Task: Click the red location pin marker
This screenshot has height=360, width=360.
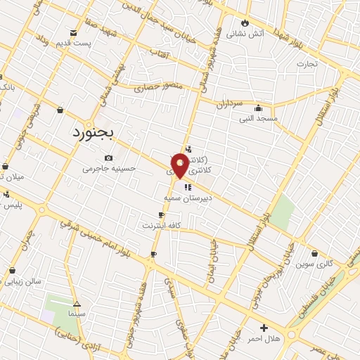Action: pyautogui.click(x=180, y=166)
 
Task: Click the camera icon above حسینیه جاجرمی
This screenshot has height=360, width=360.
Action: pyautogui.click(x=108, y=157)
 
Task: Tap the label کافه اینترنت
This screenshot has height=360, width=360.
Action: pyautogui.click(x=162, y=226)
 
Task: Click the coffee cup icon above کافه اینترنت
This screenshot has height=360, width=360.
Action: pyautogui.click(x=161, y=215)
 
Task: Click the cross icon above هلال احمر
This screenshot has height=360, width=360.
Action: pyautogui.click(x=264, y=328)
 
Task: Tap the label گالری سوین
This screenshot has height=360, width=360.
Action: pyautogui.click(x=314, y=264)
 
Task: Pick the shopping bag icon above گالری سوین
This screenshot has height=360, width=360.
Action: pyautogui.click(x=314, y=254)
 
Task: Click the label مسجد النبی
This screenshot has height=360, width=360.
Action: pyautogui.click(x=258, y=119)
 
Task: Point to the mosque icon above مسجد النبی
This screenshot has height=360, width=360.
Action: pyautogui.click(x=258, y=108)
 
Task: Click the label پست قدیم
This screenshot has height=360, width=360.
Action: pyautogui.click(x=73, y=44)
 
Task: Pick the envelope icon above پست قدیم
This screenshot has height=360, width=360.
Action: pyautogui.click(x=73, y=33)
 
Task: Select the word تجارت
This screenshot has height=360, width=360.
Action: pyautogui.click(x=307, y=64)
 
